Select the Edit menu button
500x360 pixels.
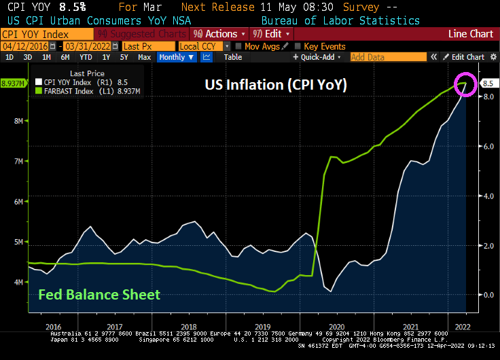pos(271,33)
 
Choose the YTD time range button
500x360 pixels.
pos(86,57)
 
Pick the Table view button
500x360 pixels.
pos(232,57)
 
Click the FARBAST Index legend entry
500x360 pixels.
pos(85,90)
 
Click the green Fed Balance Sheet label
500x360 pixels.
pos(99,294)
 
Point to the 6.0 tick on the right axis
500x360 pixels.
pos(488,146)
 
